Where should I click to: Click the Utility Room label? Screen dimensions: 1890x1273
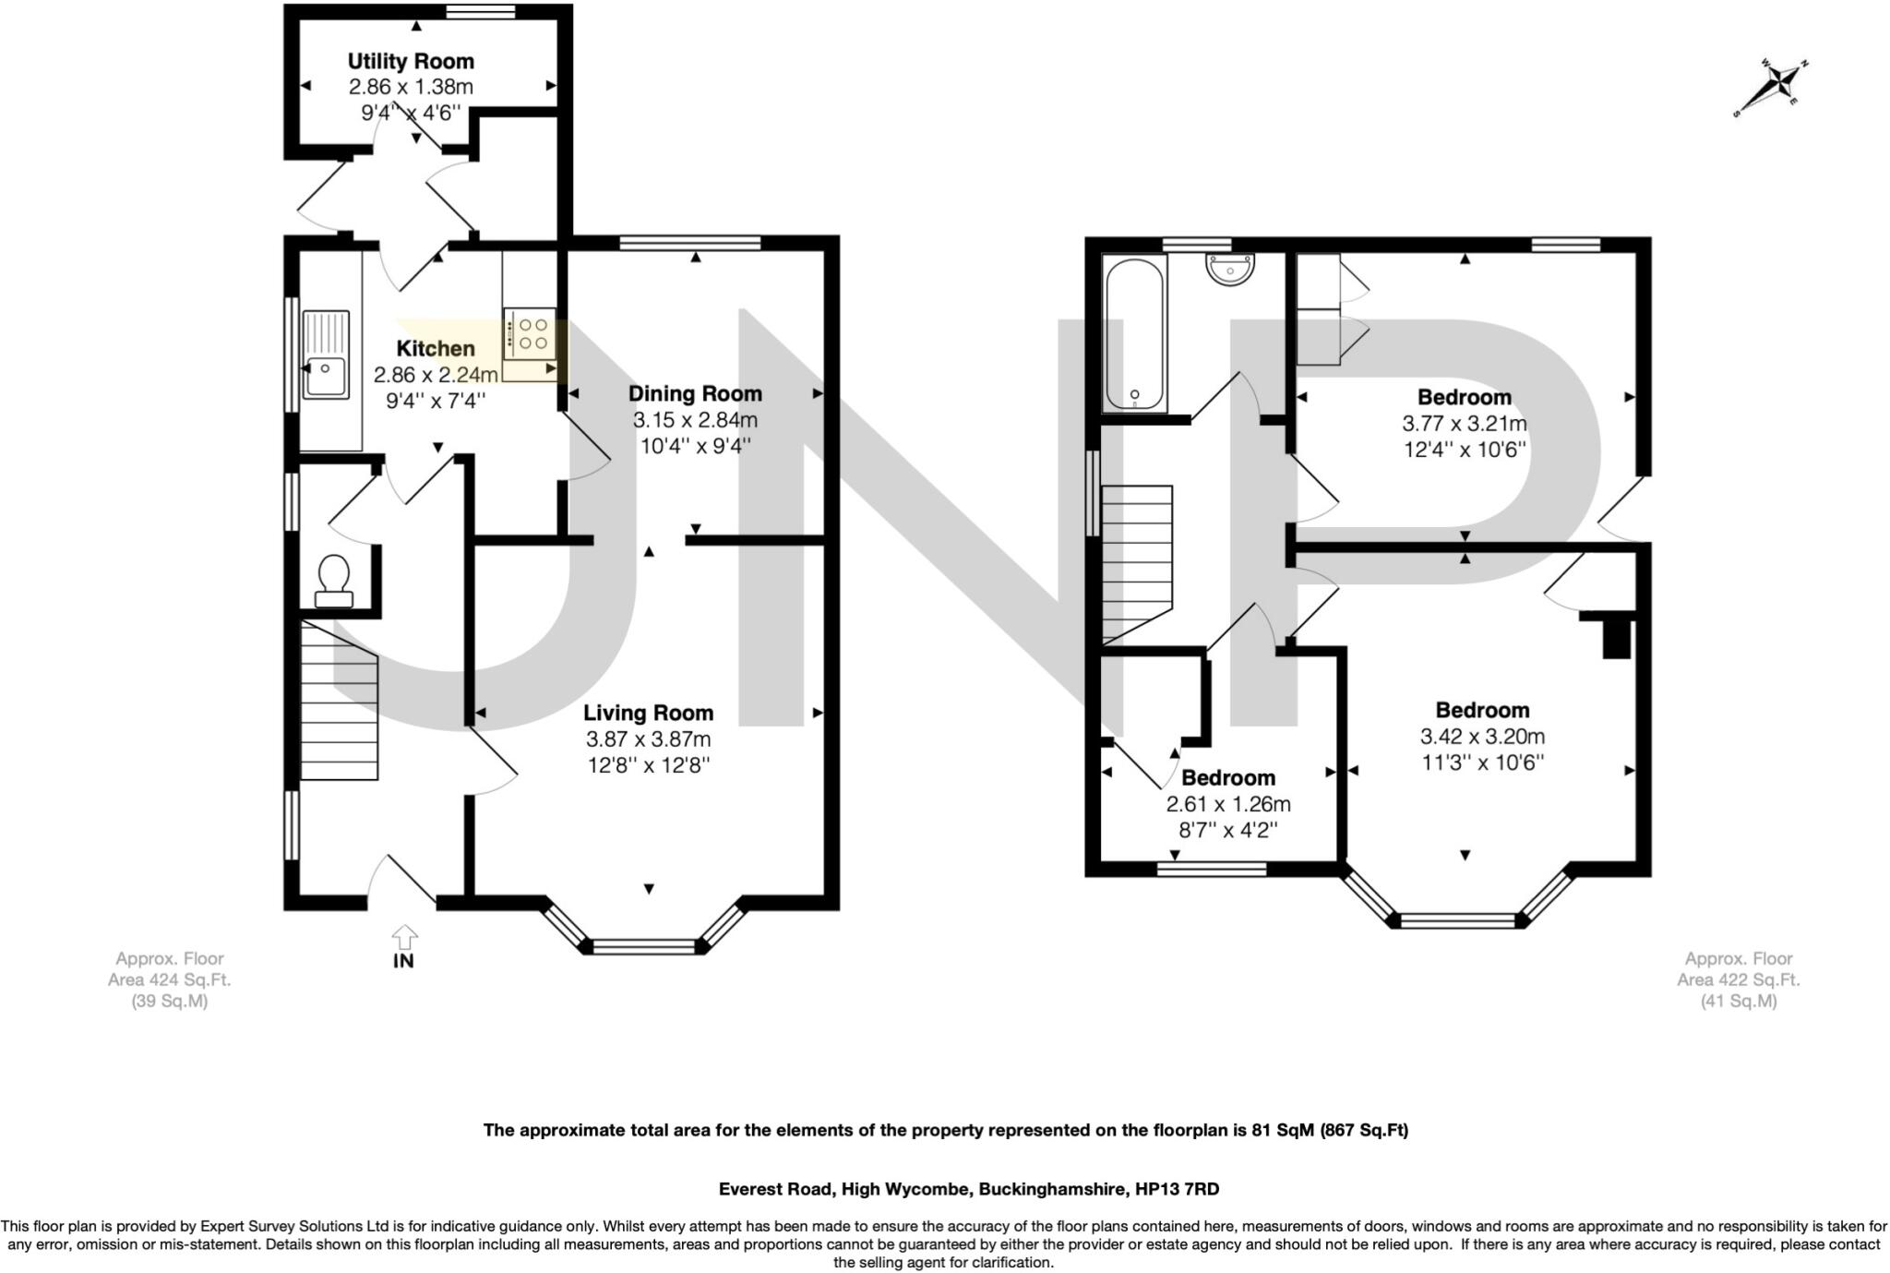coord(411,61)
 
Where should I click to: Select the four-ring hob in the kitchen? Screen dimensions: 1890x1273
coord(530,333)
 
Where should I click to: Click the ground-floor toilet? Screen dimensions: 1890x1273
coord(333,581)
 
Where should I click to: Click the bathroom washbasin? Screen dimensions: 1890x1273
coord(1229,268)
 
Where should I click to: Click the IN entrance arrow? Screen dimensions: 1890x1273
coord(403,937)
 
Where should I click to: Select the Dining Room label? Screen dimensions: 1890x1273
coord(695,393)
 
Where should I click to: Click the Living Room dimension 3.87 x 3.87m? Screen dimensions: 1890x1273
coord(648,739)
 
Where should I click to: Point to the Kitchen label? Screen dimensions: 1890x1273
coord(436,348)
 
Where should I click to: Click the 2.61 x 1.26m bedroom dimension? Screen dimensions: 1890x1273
coord(1228,803)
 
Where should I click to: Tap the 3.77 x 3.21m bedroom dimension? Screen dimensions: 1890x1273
coord(1465,423)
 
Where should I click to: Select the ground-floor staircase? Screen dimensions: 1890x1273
coord(339,700)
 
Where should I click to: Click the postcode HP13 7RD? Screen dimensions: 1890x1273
coord(1174,1189)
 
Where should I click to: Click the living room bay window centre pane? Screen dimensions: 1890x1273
coord(643,946)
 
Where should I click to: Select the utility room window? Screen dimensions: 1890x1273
coord(481,11)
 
